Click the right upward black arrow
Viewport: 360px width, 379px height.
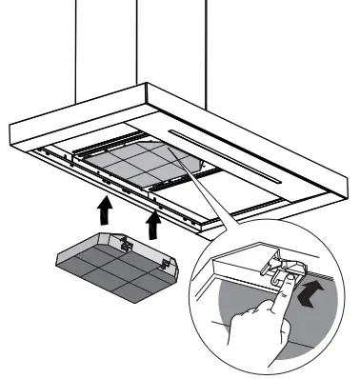click(150, 224)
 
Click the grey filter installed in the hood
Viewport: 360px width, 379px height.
click(142, 168)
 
